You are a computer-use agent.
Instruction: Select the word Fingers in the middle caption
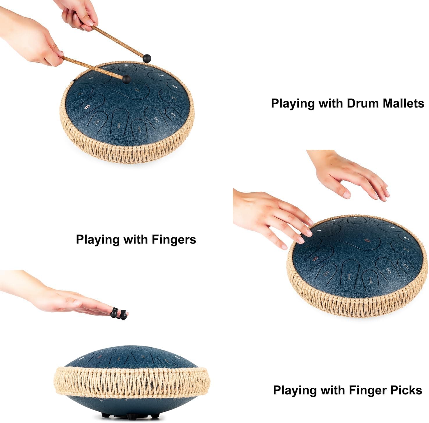[174, 239]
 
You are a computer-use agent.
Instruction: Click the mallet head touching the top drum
[126, 79]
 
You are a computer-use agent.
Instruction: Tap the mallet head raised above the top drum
[147, 58]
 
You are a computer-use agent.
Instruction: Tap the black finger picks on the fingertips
[119, 314]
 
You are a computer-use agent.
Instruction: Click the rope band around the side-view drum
[131, 382]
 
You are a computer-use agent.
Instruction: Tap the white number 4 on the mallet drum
[92, 78]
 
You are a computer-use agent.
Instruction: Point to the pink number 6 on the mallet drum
[87, 107]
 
